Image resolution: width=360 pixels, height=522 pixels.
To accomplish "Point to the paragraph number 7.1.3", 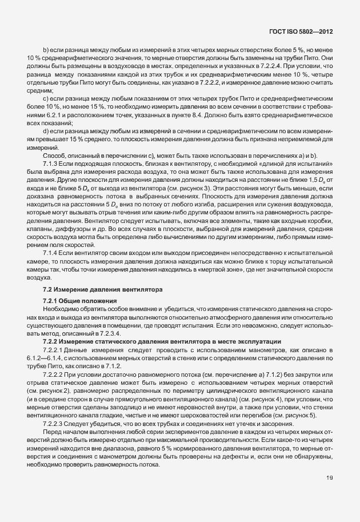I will point(52,163).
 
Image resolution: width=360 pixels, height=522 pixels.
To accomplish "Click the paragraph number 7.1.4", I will point(52,252).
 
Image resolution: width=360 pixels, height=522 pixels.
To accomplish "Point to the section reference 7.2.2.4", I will point(255,66).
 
